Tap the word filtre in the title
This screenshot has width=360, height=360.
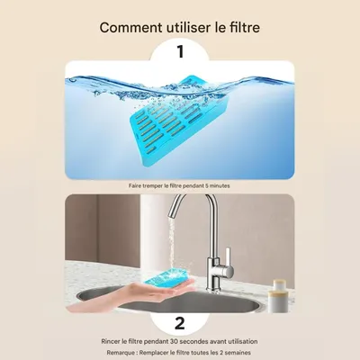click(240, 27)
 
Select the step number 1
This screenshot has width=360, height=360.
click(180, 53)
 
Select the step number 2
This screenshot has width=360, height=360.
click(180, 322)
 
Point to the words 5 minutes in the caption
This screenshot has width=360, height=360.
click(216, 184)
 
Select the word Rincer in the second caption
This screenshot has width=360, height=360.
click(112, 341)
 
